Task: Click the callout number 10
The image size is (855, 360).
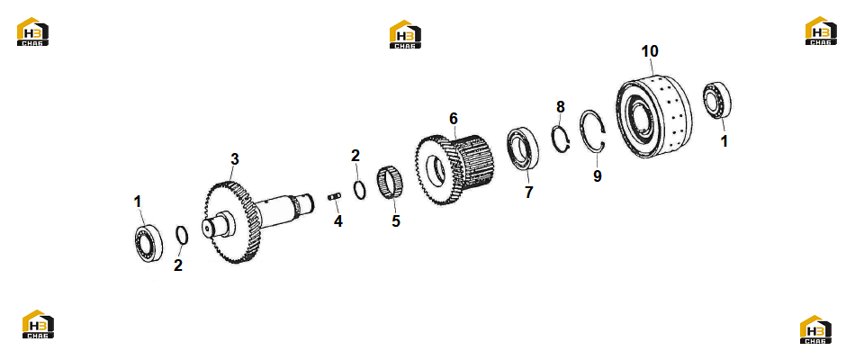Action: click(x=650, y=51)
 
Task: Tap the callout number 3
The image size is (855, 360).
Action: click(x=235, y=159)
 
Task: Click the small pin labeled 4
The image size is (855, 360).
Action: click(x=334, y=196)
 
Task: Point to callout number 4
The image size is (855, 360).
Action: click(x=338, y=221)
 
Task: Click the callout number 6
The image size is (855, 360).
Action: click(x=453, y=119)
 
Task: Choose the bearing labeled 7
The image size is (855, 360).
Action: click(x=523, y=148)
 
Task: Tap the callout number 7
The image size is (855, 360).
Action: click(x=528, y=193)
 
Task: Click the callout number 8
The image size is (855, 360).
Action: click(x=561, y=107)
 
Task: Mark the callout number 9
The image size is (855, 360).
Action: click(x=598, y=176)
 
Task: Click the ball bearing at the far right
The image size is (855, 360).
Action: click(x=716, y=99)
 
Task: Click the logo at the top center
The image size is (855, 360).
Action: click(x=405, y=34)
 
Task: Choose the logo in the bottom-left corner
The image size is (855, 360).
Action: click(x=38, y=324)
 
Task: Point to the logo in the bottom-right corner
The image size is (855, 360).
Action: click(x=815, y=329)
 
